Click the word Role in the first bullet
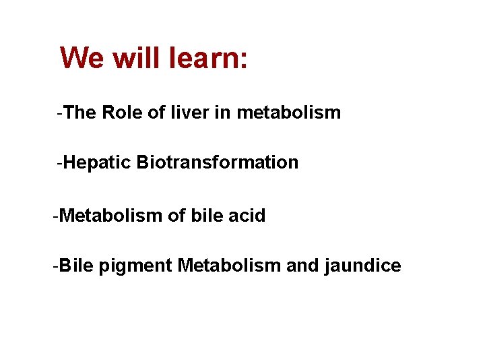pos(122,113)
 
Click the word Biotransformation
pos(217,162)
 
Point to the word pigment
pos(135,266)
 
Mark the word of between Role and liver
pos(156,113)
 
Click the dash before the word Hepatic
pos(61,162)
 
